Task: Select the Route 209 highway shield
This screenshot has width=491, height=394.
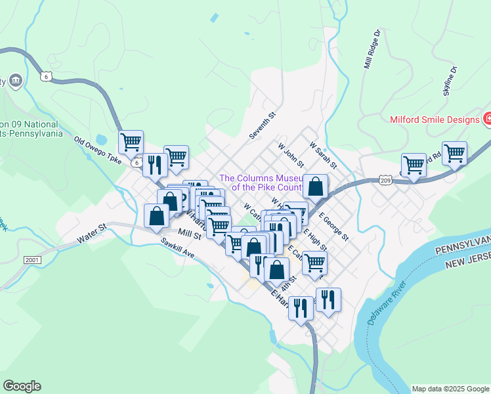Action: (385, 179)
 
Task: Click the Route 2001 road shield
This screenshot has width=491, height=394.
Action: (32, 260)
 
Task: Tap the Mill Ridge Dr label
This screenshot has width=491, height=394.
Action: (372, 49)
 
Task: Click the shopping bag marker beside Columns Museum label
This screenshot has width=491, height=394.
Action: (316, 186)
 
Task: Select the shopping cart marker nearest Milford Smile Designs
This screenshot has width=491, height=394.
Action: (454, 153)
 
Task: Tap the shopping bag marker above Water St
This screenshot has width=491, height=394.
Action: (156, 215)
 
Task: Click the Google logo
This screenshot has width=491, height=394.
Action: (22, 386)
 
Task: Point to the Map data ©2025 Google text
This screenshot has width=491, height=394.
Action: (450, 389)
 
